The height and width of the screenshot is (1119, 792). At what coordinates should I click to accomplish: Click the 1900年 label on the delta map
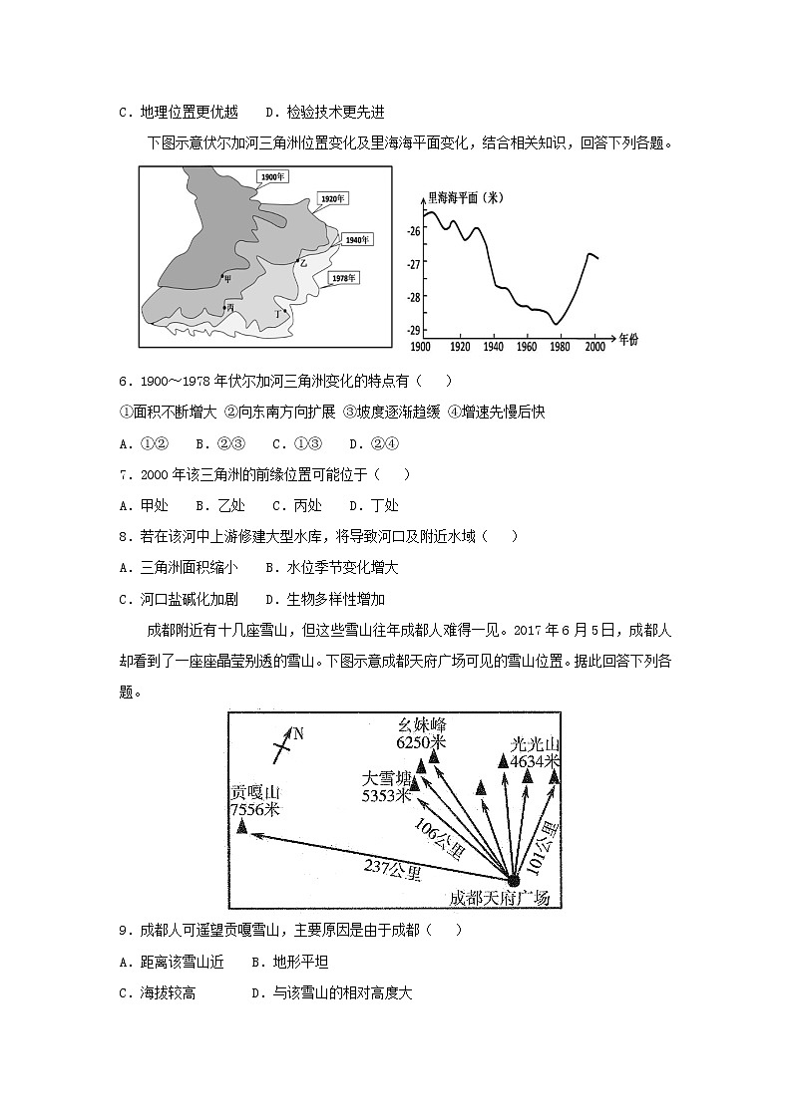point(272,177)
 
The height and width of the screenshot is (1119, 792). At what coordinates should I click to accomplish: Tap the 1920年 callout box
point(332,198)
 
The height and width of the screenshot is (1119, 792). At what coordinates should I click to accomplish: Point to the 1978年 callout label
point(343,277)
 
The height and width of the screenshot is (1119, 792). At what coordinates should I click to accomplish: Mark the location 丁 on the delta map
point(285,311)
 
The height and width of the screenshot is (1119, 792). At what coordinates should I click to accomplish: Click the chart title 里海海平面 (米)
point(464,197)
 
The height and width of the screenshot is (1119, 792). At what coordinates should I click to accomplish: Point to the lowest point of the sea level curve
point(557,324)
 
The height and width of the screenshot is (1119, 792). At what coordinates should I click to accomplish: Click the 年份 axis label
point(627,340)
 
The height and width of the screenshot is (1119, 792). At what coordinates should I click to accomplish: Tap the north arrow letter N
point(297,734)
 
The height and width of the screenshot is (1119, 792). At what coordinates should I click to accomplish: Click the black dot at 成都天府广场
point(513,880)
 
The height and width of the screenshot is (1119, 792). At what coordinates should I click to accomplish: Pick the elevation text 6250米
point(420,742)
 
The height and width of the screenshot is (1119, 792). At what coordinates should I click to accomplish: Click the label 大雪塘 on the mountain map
point(387,778)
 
